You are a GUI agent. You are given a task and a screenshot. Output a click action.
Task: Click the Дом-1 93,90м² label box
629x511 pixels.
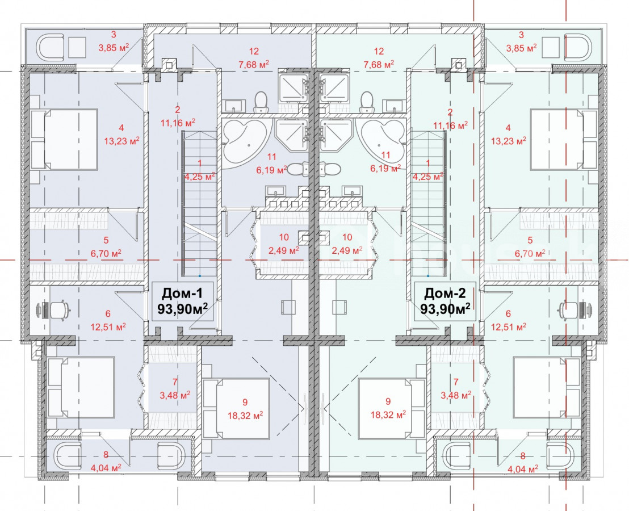[183, 301]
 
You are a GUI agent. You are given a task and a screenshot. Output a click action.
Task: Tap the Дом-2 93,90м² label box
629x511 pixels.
[445, 301]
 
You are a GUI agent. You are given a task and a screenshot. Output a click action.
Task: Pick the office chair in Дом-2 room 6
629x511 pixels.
[569, 309]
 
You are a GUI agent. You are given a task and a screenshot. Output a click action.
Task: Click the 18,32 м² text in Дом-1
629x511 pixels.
[245, 415]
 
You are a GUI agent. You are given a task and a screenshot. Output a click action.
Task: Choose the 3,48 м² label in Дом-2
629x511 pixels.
[456, 396]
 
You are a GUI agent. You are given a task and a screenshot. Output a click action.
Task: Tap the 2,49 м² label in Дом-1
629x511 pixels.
[284, 250]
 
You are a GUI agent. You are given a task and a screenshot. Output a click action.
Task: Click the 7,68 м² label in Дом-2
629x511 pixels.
[379, 64]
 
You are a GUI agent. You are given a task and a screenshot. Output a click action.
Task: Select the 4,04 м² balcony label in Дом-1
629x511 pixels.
[106, 468]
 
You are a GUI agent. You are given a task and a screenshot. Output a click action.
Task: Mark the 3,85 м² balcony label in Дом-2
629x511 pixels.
[522, 48]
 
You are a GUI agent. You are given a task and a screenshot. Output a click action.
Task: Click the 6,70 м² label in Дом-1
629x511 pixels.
[106, 253]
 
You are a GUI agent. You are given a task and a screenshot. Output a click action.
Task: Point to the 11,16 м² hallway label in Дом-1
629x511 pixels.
[178, 123]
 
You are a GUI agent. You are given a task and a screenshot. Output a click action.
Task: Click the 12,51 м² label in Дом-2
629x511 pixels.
[509, 327]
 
